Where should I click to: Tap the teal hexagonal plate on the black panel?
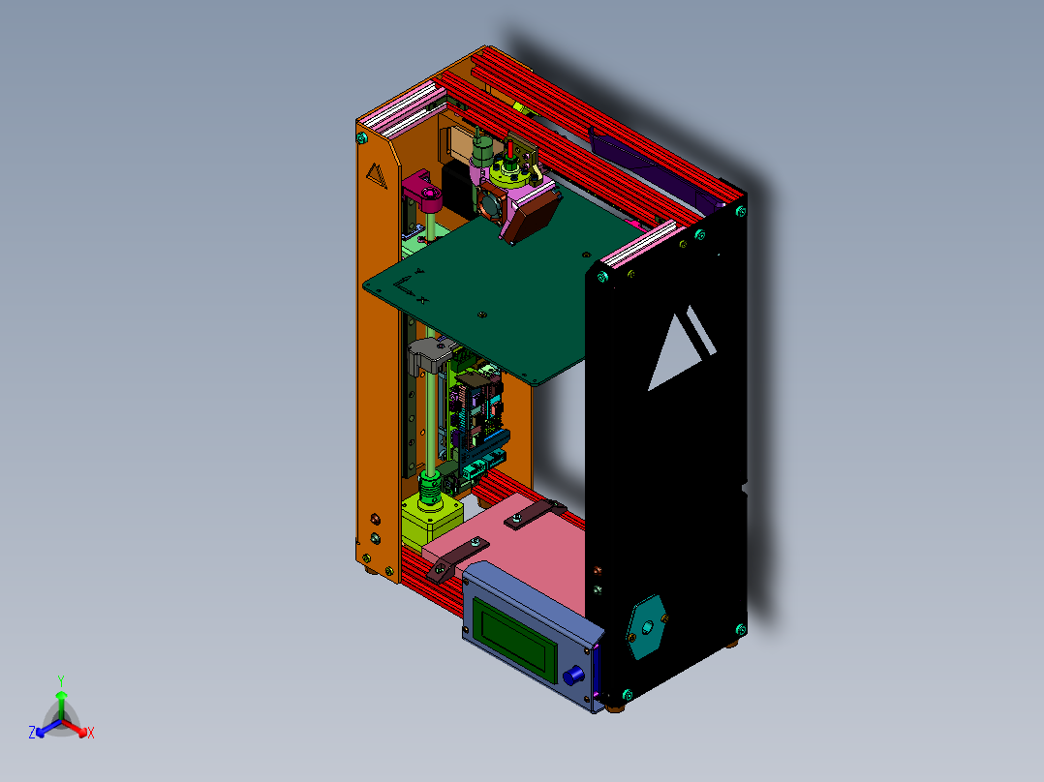pos(646,626)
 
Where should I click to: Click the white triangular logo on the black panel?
pos(682,347)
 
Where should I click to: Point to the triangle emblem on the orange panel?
pos(376,175)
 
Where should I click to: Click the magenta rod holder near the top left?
pos(423,189)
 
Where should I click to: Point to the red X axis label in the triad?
pos(91,734)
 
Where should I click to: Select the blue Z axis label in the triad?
pos(32,734)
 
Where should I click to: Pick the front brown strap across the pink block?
pos(458,558)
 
